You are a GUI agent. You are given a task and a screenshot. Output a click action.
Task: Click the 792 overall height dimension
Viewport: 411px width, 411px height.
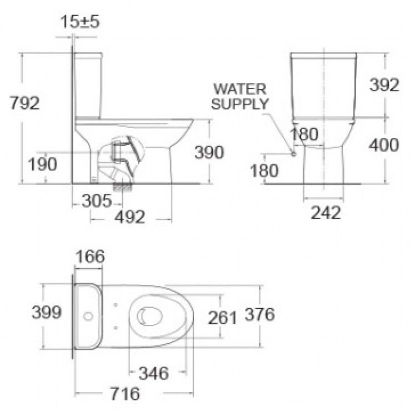pyautogui.click(x=24, y=103)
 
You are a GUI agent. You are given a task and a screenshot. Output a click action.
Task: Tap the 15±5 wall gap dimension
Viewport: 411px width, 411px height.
pyautogui.click(x=80, y=21)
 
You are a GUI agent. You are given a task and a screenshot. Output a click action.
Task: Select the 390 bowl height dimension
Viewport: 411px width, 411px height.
pyautogui.click(x=209, y=152)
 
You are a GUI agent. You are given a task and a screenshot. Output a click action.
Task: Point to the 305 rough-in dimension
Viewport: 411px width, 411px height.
pyautogui.click(x=97, y=201)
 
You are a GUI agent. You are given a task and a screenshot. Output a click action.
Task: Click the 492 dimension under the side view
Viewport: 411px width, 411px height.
pyautogui.click(x=130, y=217)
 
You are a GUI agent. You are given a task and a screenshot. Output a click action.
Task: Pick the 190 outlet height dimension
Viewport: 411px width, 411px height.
pyautogui.click(x=42, y=164)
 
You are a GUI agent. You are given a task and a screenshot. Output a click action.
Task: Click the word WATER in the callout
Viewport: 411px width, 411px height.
pyautogui.click(x=240, y=89)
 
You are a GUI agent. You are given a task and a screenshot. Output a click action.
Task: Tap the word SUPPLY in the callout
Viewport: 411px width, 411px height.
pyautogui.click(x=240, y=104)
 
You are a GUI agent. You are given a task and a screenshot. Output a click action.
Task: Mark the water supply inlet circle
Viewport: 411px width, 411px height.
pyautogui.click(x=294, y=154)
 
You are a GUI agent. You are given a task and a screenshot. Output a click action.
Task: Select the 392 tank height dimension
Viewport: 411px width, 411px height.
pyautogui.click(x=384, y=84)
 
